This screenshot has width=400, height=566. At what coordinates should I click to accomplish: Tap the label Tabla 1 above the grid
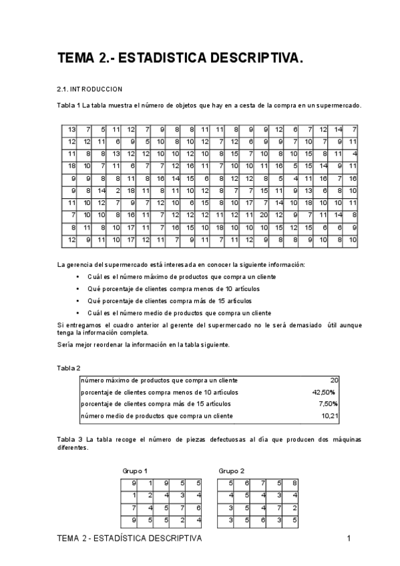pyautogui.click(x=69, y=105)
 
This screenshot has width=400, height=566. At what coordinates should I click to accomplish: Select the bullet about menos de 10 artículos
pyautogui.click(x=173, y=288)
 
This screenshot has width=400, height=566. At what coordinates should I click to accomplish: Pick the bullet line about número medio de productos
pyautogui.click(x=179, y=312)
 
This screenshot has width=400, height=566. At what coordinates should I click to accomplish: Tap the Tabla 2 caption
pyautogui.click(x=69, y=368)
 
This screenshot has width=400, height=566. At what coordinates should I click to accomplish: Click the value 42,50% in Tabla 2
pyautogui.click(x=324, y=392)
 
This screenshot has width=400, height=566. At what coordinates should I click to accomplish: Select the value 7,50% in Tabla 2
pyautogui.click(x=327, y=404)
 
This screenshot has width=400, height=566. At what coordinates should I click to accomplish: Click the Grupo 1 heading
pyautogui.click(x=135, y=471)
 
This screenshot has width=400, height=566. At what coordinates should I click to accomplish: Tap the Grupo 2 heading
pyautogui.click(x=232, y=471)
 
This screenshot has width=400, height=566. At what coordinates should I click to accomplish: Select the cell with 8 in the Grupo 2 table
pyautogui.click(x=294, y=483)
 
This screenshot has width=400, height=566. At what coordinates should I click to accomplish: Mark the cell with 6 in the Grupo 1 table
pyautogui.click(x=198, y=507)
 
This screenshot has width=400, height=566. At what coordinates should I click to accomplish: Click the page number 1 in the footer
pyautogui.click(x=349, y=538)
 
